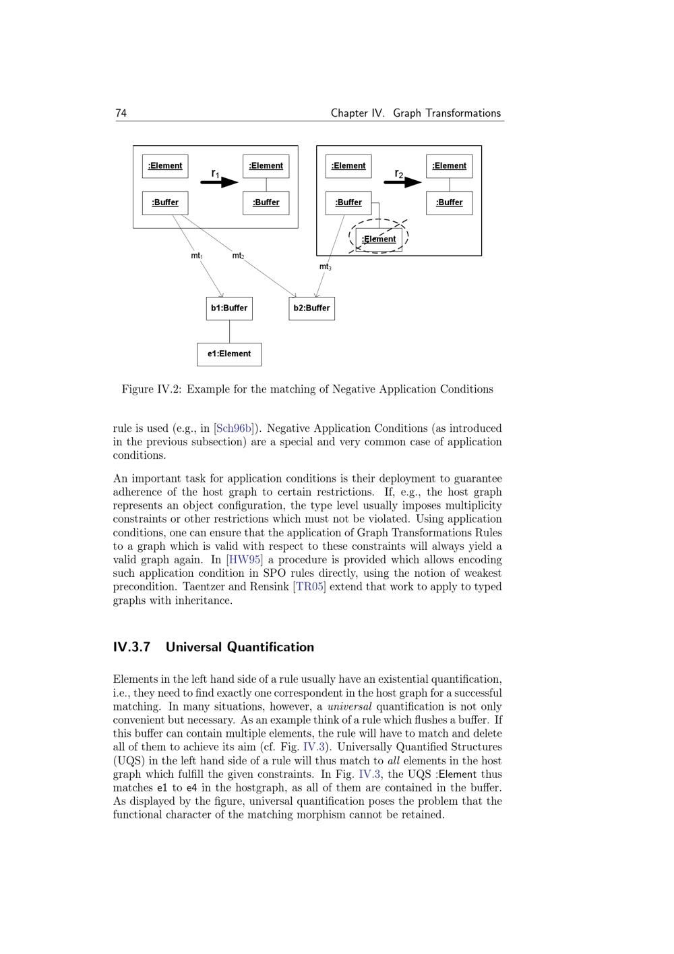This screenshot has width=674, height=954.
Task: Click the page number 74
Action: (x=121, y=113)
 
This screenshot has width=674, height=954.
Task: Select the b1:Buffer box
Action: (x=229, y=308)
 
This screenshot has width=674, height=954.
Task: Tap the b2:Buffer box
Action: (x=311, y=308)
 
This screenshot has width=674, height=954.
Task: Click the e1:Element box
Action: (x=229, y=354)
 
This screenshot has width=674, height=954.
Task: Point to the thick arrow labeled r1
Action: (x=220, y=181)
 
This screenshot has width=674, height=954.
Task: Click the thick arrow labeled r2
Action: (x=403, y=181)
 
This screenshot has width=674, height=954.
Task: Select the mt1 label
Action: (x=197, y=256)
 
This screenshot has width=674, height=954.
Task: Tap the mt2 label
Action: (x=238, y=256)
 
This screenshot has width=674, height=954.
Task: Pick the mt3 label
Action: (x=325, y=267)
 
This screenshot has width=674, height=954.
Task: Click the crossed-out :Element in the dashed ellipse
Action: (x=379, y=239)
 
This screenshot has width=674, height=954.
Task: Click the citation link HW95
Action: (x=244, y=559)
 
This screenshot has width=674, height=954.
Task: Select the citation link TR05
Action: (x=309, y=586)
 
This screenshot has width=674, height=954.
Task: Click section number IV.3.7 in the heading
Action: (x=131, y=647)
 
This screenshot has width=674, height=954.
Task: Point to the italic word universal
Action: (x=349, y=706)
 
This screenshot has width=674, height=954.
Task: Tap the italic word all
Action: (x=394, y=760)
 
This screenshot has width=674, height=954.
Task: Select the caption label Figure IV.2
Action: (x=152, y=389)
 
